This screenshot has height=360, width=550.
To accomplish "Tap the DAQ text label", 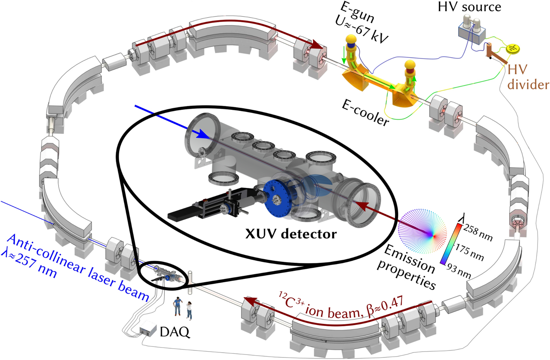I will tap(175, 332).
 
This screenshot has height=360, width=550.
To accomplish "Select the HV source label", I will tap(469, 7).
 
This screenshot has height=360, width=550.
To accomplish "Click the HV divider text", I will tap(527, 77).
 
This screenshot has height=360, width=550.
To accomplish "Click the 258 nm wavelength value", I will tap(478, 233).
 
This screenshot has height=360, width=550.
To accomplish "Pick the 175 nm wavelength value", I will tap(469, 252).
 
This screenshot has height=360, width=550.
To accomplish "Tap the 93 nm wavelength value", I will tap(459, 271).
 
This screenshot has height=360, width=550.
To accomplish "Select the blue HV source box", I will tap(472, 34).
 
